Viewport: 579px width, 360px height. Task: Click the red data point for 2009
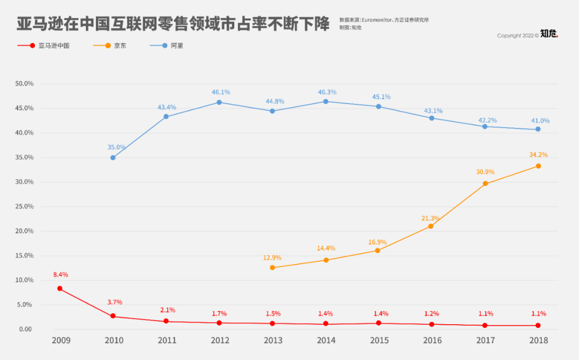[60, 289]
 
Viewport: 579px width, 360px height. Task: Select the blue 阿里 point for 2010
[113, 157]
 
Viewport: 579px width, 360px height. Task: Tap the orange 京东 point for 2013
[272, 267]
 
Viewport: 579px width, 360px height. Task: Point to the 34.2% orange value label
[538, 155]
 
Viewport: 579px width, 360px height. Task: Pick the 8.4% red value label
[60, 275]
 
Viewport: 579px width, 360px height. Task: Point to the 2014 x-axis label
[326, 340]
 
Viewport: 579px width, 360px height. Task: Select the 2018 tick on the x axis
[538, 340]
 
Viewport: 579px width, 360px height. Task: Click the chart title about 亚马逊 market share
[173, 24]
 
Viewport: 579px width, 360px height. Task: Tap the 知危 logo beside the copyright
[549, 34]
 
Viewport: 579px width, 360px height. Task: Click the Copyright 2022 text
[517, 36]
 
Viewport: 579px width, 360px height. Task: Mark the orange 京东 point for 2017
[485, 184]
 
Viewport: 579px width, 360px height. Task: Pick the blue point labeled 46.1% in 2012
[219, 102]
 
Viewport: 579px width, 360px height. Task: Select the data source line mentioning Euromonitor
[384, 20]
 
